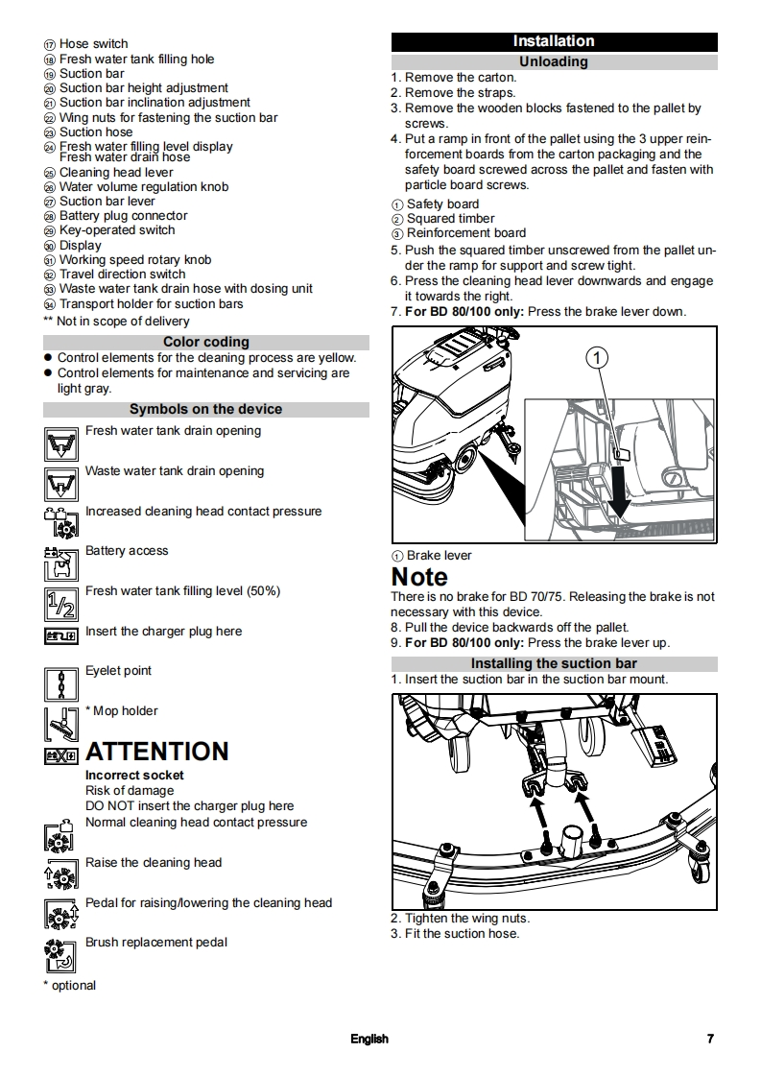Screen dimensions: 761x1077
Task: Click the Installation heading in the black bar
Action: point(554,41)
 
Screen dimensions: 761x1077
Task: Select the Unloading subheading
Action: point(554,61)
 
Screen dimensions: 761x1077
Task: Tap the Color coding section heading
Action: point(205,342)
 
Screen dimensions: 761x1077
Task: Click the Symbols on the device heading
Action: point(205,409)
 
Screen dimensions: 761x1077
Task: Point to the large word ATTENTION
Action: point(157,752)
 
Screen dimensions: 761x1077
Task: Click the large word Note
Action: point(419,577)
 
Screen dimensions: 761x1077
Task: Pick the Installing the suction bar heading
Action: point(554,663)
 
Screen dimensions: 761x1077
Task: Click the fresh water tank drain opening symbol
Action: point(60,443)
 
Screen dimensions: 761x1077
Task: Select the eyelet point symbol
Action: point(60,683)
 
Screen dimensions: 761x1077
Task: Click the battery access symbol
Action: point(60,563)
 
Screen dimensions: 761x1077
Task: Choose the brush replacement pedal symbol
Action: point(60,955)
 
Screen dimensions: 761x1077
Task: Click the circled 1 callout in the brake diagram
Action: point(596,358)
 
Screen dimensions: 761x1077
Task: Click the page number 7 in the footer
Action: point(710,1039)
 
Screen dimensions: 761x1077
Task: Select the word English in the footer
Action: point(369,1039)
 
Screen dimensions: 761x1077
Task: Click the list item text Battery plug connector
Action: point(124,216)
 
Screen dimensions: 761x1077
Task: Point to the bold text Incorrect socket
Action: point(134,775)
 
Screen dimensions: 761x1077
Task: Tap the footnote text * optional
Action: point(69,985)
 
